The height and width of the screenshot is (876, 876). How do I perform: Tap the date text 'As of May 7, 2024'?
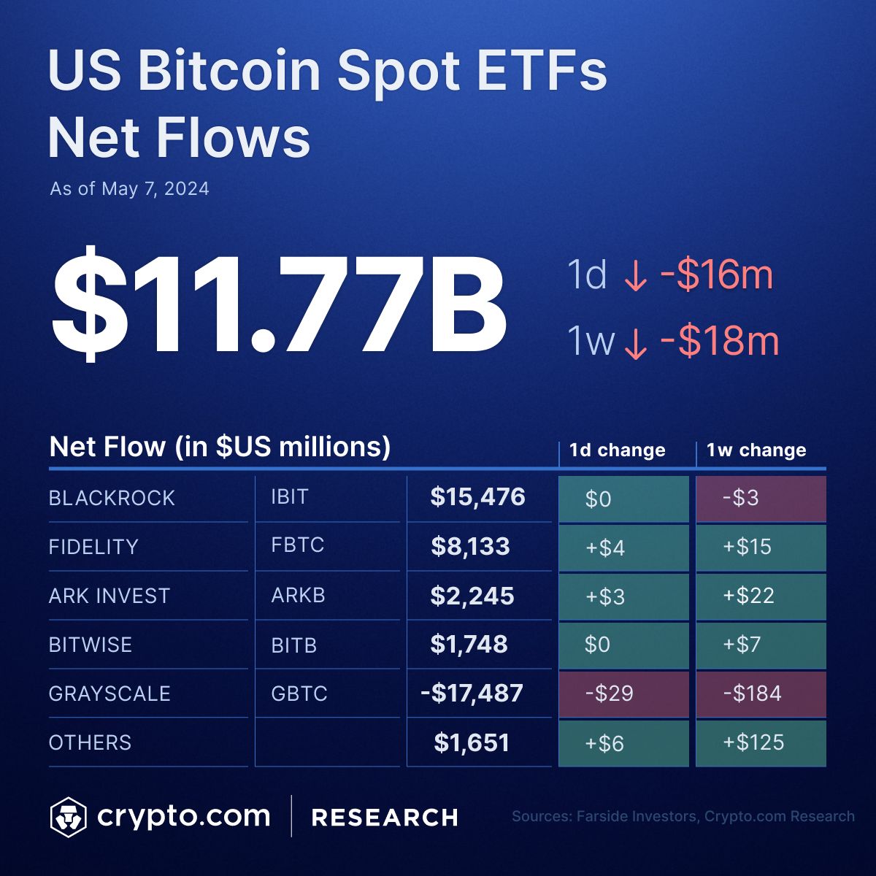click(129, 189)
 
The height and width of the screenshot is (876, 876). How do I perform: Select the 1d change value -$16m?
click(716, 275)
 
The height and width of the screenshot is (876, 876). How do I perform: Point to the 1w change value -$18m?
click(719, 341)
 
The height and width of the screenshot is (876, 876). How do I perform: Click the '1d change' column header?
click(617, 450)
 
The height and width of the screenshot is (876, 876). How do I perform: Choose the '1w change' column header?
click(756, 450)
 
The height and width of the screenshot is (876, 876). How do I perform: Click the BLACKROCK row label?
click(112, 498)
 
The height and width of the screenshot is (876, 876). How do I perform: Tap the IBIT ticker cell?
click(290, 497)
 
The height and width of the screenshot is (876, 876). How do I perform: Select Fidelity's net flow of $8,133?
click(470, 546)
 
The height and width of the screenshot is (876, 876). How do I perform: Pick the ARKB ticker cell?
click(298, 595)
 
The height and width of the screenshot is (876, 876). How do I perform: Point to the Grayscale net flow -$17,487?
click(472, 693)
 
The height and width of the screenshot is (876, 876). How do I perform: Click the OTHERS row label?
click(90, 742)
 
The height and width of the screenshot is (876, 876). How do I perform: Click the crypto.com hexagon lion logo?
click(68, 817)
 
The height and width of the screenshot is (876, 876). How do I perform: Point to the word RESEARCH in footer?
click(385, 818)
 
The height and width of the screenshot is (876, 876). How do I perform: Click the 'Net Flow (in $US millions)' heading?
click(220, 446)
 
